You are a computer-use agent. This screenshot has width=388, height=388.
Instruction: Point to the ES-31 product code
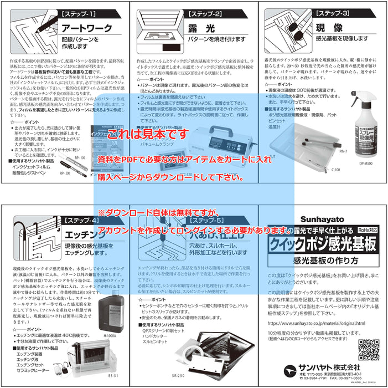tap(113, 375)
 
